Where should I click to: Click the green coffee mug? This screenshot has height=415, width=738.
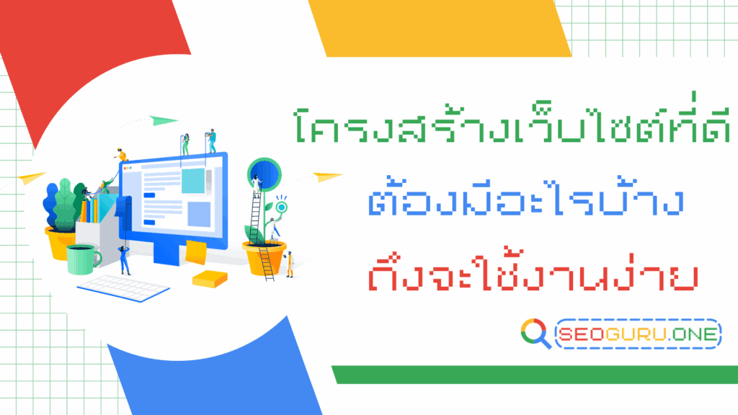point(83,259)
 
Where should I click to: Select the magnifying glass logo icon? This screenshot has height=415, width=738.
point(535,334)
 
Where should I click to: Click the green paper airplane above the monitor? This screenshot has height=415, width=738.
point(165,120)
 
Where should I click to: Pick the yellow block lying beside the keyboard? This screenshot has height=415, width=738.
point(209,278)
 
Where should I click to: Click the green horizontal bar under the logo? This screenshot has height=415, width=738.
point(533,375)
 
